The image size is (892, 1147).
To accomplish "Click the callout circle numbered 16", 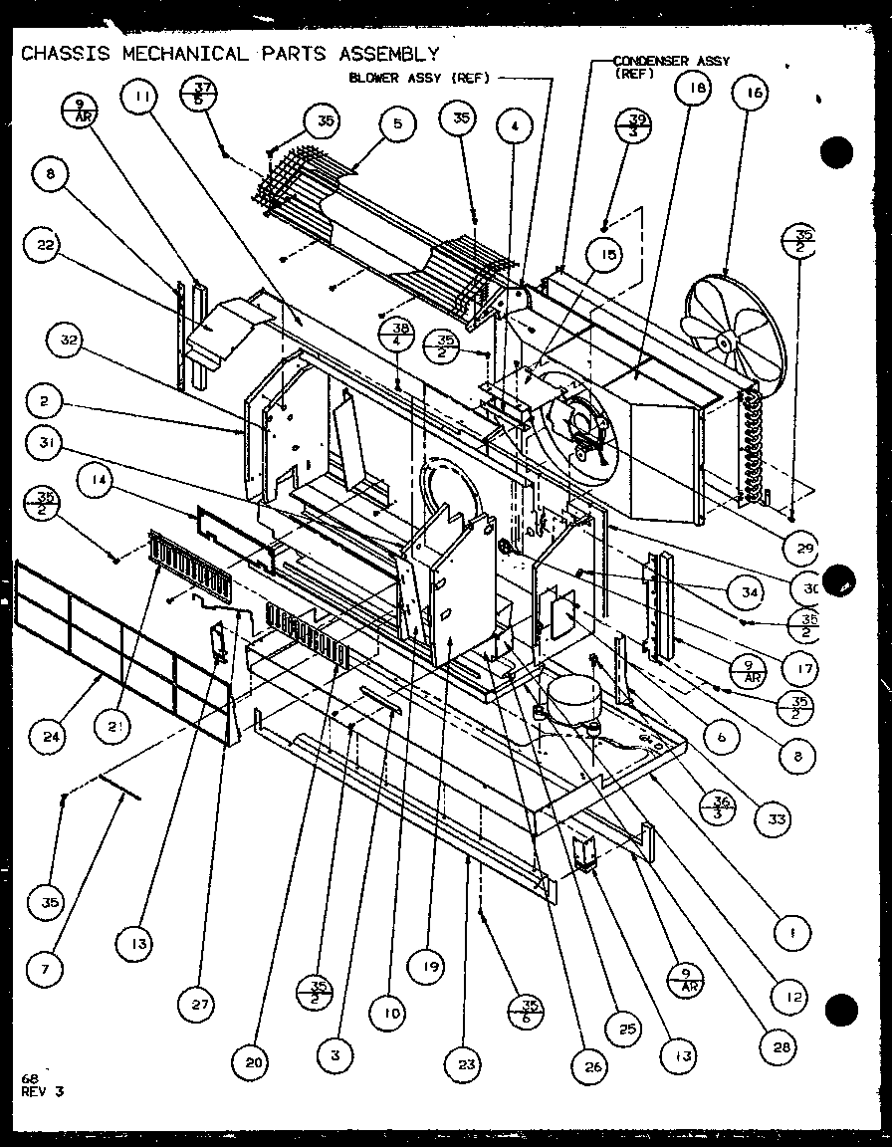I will click(x=753, y=94).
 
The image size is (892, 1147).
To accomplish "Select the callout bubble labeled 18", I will click(x=693, y=89).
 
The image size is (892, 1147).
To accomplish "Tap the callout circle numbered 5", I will click(x=397, y=124).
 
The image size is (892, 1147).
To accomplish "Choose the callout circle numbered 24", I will click(x=48, y=737).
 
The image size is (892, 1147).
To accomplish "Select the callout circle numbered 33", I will click(x=774, y=818).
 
